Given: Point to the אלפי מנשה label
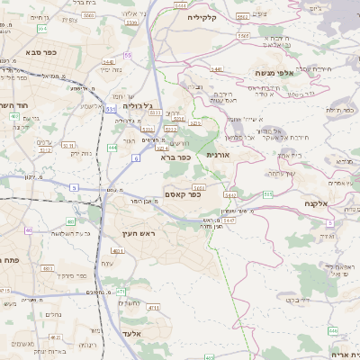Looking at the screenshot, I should click(270, 74).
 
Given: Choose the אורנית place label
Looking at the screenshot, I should click(219, 156).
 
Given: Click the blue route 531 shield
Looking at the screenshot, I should click(109, 109).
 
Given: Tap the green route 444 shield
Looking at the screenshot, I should click(112, 148).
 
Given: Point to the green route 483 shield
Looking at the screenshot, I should click(70, 221).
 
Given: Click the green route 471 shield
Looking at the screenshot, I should click(120, 292).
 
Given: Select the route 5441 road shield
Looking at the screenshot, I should click(216, 68).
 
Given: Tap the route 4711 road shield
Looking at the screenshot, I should click(153, 308).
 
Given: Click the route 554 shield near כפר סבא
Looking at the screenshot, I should click(42, 30).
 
